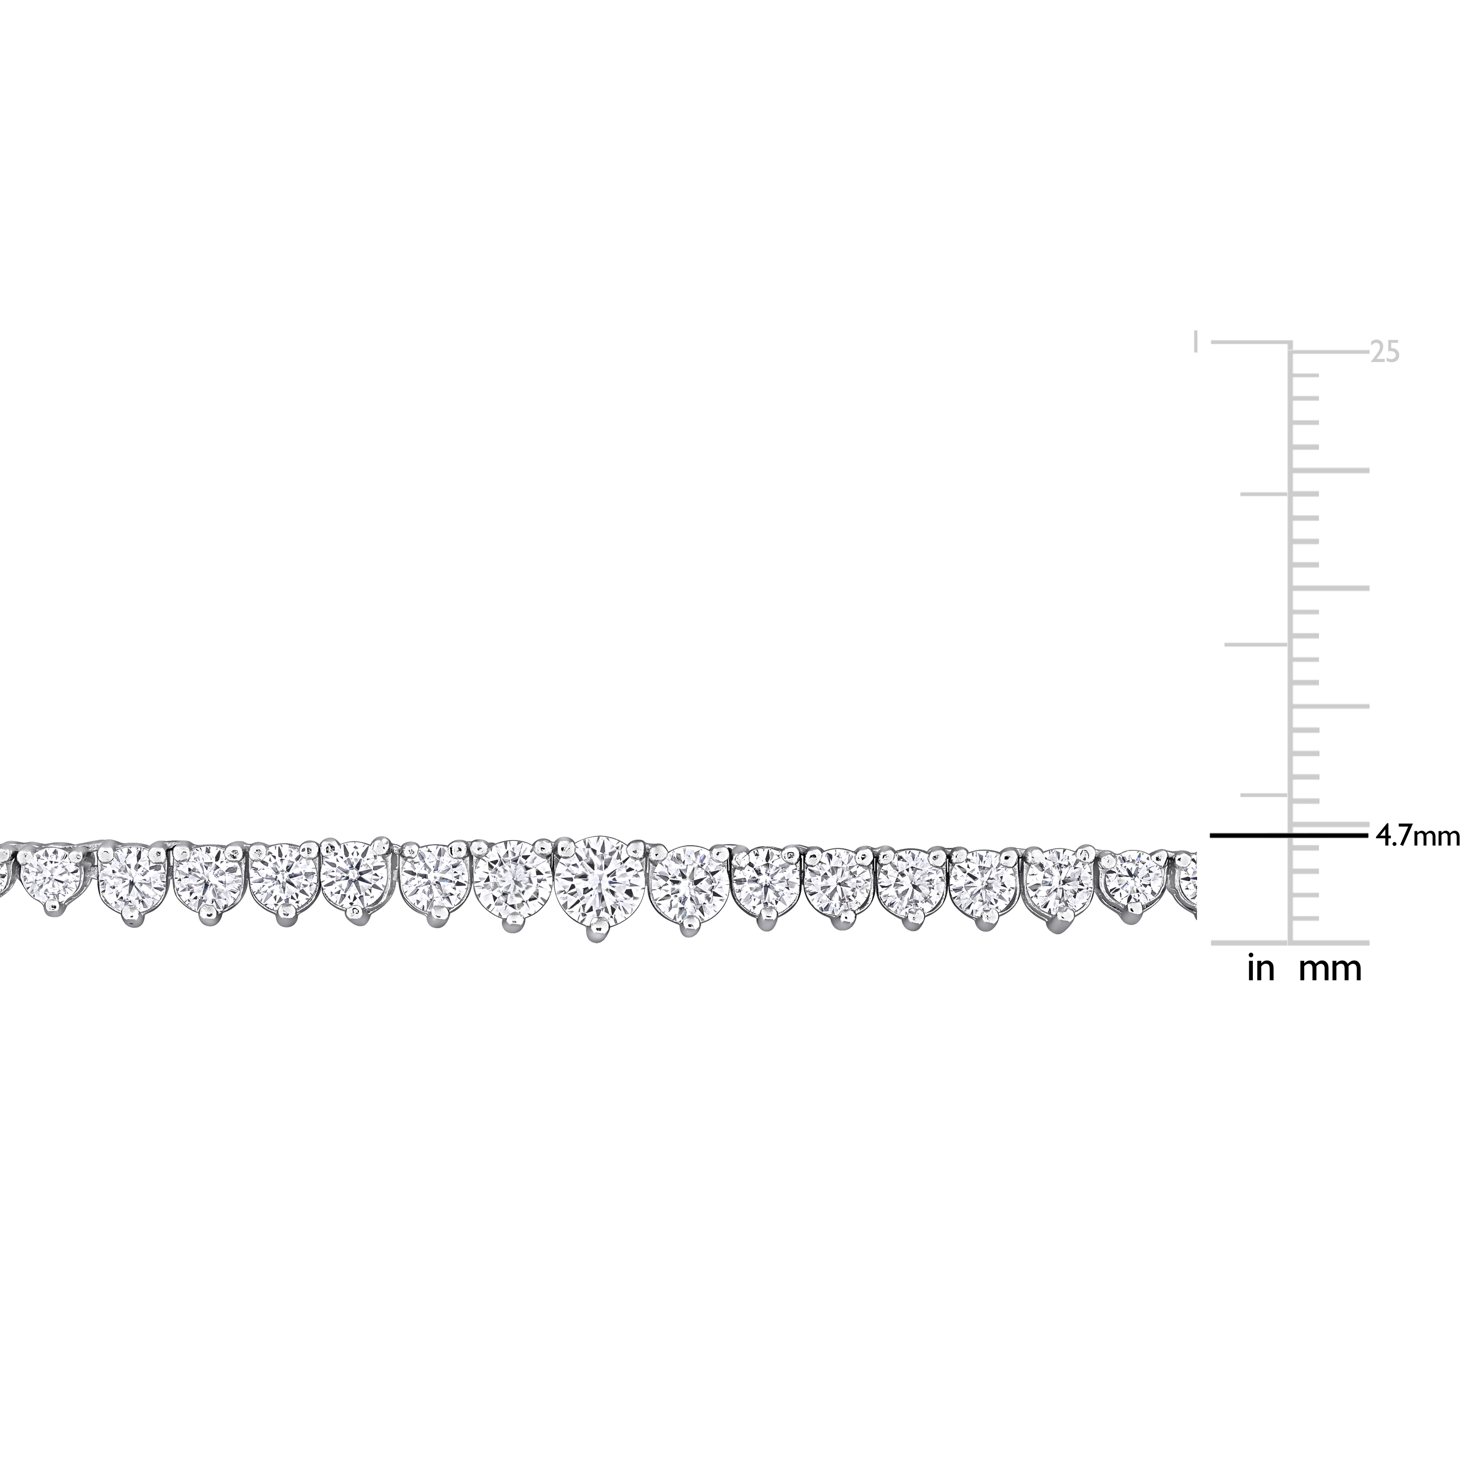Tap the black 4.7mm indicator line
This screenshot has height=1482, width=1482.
pos(1288,834)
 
